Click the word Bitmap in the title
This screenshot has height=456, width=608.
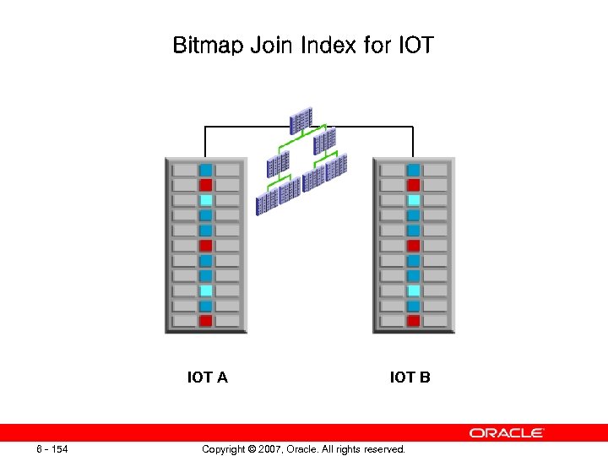(207, 45)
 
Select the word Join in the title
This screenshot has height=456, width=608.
(270, 45)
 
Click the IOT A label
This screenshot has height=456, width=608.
(207, 377)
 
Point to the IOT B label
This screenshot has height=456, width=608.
(410, 377)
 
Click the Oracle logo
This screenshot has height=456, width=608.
(507, 433)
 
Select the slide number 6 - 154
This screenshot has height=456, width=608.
(52, 448)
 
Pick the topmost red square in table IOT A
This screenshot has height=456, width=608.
(205, 185)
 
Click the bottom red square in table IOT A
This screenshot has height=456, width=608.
(205, 321)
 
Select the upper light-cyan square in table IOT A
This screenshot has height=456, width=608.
(205, 200)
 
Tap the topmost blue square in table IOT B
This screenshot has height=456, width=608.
(413, 170)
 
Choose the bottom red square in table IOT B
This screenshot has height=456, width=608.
(413, 321)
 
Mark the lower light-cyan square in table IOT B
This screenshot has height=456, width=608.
(413, 290)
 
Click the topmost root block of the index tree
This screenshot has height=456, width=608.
(301, 121)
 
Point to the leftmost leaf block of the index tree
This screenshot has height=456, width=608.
(267, 201)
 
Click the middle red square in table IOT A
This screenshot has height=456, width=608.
(205, 246)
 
